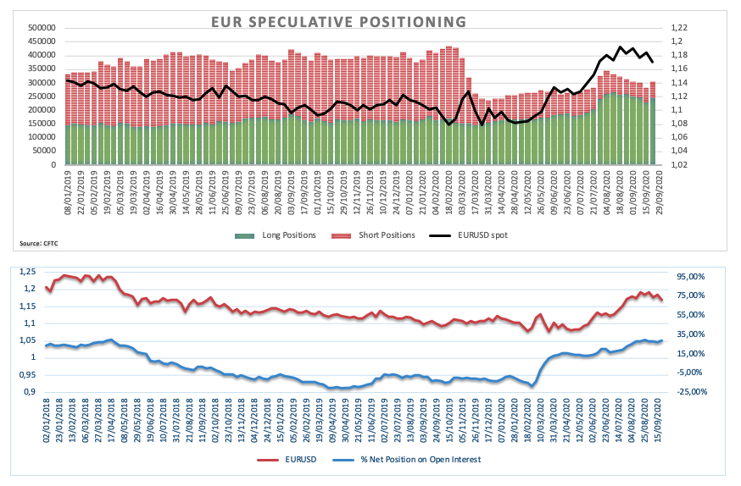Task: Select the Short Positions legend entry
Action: coord(380,235)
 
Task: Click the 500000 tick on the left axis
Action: coord(41,27)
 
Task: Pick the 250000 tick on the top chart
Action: coord(41,97)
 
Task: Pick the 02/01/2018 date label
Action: coord(47,420)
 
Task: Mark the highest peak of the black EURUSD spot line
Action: coord(621,47)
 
